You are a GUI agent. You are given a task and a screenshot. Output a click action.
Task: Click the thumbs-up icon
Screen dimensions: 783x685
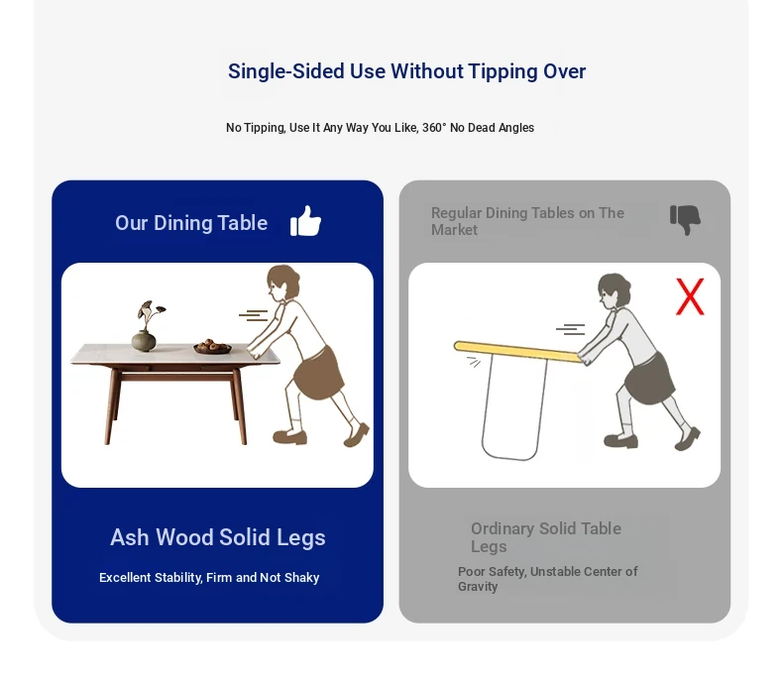pos(305,221)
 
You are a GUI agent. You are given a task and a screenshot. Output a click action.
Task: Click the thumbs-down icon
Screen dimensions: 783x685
pos(685,220)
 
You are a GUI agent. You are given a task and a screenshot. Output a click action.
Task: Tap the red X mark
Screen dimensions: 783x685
pos(690,296)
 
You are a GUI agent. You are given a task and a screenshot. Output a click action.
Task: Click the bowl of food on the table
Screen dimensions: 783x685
pos(212,347)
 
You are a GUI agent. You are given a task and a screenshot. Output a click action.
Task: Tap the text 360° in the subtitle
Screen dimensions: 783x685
pos(434,128)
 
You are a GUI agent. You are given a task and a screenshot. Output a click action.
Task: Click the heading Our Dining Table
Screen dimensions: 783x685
pos(191,223)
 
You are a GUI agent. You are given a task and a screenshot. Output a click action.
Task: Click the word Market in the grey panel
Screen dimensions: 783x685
pos(454,230)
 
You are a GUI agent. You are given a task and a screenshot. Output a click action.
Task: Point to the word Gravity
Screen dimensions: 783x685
pos(478,587)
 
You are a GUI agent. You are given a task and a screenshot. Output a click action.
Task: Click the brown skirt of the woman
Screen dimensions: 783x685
pos(318,373)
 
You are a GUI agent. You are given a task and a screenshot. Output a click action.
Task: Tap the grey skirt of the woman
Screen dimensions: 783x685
pos(649,378)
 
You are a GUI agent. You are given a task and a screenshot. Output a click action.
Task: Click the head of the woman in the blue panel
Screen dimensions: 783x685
pos(282,284)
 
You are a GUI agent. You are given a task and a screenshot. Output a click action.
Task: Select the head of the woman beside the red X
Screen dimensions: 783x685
pos(614,291)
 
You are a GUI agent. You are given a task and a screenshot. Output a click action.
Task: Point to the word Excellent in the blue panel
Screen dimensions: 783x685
pos(125,578)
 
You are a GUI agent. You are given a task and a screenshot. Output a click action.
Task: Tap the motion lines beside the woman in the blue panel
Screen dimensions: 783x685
pos(253,315)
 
